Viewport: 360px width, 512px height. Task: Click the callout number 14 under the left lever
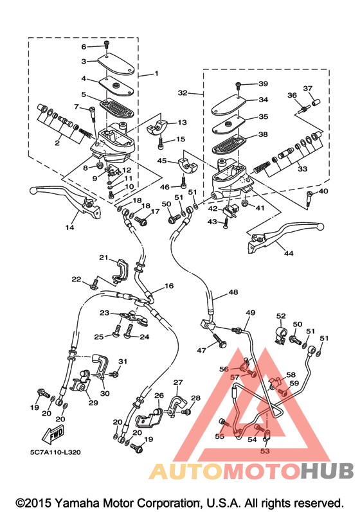(x=70, y=227)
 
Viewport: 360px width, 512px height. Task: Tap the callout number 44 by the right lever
(x=289, y=253)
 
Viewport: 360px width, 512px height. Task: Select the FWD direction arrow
(x=53, y=435)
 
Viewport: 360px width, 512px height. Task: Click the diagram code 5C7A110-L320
(x=55, y=452)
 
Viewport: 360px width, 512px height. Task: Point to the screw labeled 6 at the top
(x=107, y=44)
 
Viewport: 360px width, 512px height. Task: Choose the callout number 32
(x=183, y=93)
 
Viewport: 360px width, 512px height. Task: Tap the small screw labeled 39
(x=237, y=85)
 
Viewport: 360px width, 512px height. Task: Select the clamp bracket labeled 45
(x=188, y=165)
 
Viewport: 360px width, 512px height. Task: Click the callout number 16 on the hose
(x=169, y=286)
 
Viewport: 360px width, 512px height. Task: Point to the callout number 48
(x=233, y=292)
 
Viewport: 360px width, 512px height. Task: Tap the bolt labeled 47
(x=219, y=340)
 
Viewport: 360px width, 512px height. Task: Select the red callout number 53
(x=265, y=451)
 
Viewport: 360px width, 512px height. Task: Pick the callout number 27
(x=178, y=382)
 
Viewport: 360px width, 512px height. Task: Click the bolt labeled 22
(x=94, y=283)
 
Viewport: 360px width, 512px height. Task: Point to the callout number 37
(x=308, y=88)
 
